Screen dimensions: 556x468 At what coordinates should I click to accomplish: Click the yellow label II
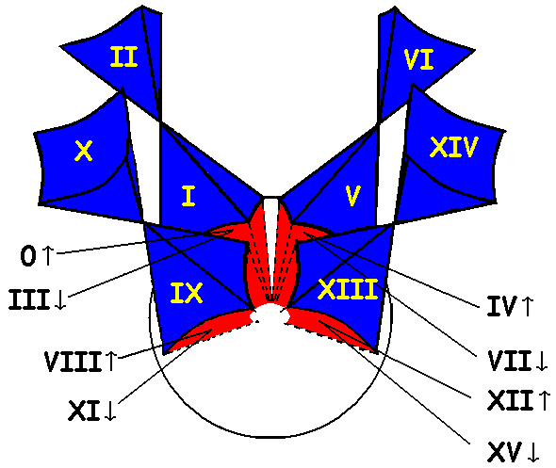point(123,56)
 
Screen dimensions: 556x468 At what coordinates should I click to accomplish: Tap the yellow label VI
point(419,59)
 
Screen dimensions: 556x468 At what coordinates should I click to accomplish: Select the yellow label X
point(84,151)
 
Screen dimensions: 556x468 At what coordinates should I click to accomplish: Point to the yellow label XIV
point(454,147)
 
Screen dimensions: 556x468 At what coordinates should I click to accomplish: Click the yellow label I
point(188,196)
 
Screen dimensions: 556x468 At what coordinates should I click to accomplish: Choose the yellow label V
point(352,195)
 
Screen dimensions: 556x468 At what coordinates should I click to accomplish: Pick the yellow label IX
point(187,293)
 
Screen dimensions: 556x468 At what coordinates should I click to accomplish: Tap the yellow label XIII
point(348,289)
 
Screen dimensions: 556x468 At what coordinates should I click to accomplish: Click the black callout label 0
point(28,256)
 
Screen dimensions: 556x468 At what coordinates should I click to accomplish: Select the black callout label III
point(28,299)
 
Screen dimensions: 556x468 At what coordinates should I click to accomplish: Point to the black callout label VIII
point(73,362)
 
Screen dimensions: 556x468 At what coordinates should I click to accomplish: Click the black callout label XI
point(84,411)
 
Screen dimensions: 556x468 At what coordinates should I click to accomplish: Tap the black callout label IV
point(501,306)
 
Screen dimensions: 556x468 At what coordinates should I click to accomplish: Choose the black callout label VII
point(509,361)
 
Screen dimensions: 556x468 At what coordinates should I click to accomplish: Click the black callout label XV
point(504,452)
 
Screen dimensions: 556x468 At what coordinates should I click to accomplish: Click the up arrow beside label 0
point(47,256)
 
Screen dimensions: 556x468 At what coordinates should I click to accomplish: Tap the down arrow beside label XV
point(533,452)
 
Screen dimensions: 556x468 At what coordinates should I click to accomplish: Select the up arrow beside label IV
point(528,306)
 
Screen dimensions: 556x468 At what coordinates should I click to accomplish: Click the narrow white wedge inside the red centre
point(270,241)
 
